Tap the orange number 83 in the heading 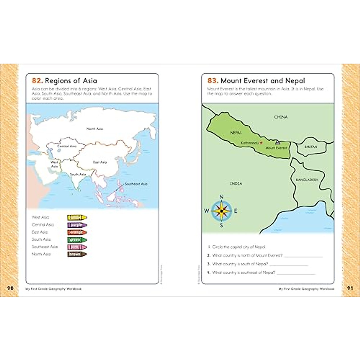click(x=213, y=81)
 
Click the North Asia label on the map click(x=95, y=129)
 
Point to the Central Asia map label click(x=67, y=146)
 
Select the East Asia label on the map click(x=100, y=162)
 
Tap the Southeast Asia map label click(x=136, y=184)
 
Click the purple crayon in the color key click(x=77, y=225)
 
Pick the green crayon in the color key click(x=77, y=240)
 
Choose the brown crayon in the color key click(x=77, y=254)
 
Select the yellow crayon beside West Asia click(x=77, y=217)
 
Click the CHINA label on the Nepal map click(x=281, y=117)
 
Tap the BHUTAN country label click(x=310, y=147)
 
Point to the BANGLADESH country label click(x=307, y=180)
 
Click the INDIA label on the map click(x=236, y=183)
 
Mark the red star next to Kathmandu click(x=261, y=143)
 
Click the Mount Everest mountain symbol click(x=277, y=142)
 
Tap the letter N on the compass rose click(x=221, y=197)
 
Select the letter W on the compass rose click(x=206, y=211)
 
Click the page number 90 click(x=10, y=288)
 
